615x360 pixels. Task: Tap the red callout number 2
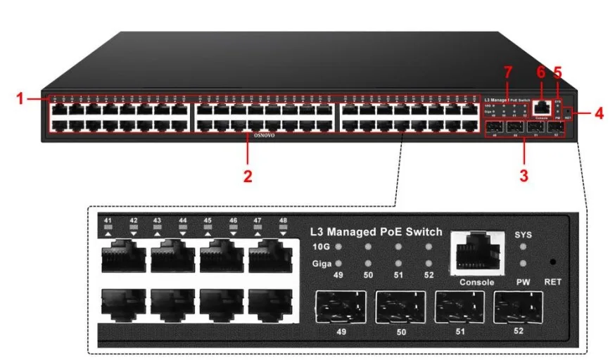(248, 176)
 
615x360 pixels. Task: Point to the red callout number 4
(599, 112)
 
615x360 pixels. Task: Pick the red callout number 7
(508, 72)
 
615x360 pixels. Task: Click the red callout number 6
(540, 72)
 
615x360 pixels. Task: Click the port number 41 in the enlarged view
(108, 221)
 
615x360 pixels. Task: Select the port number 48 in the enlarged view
(283, 221)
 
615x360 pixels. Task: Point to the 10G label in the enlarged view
(321, 247)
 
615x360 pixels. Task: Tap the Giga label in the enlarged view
(321, 264)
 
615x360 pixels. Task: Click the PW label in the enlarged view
(524, 282)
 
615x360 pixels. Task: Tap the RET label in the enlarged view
(552, 282)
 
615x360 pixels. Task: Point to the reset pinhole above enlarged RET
(552, 262)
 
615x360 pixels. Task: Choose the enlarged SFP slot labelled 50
(400, 307)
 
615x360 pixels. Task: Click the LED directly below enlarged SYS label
(524, 247)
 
